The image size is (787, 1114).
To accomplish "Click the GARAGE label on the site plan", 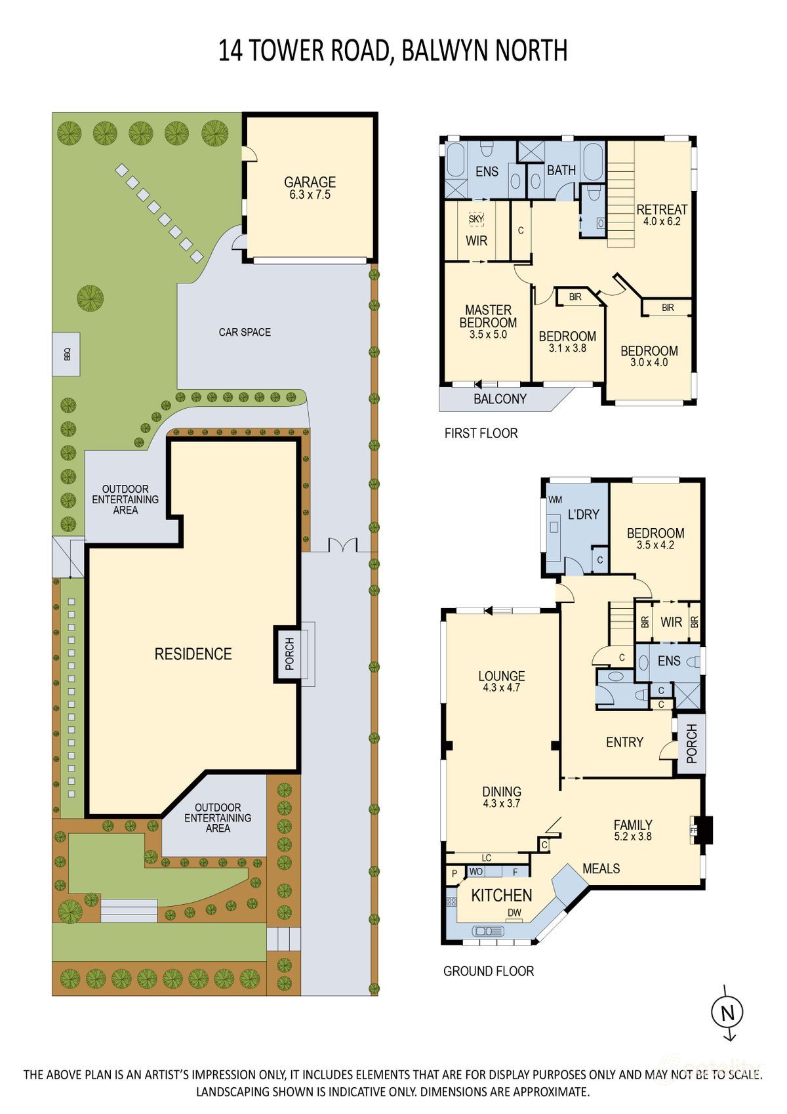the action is [310, 182].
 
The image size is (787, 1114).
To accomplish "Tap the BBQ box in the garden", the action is [66, 354].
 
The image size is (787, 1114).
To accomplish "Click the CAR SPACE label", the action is [245, 332].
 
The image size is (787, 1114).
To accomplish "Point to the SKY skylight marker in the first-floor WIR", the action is [475, 218].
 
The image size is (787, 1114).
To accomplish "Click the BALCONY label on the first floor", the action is [500, 399].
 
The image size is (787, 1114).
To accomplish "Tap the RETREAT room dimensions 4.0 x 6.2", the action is [662, 221].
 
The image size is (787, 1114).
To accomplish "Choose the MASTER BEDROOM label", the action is [488, 316].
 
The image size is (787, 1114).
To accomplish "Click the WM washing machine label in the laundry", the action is [554, 499].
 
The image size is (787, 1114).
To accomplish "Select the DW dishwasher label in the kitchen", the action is [515, 913].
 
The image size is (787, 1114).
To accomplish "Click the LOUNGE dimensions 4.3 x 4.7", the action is [502, 688].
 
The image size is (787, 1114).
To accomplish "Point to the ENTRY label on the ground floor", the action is [624, 743].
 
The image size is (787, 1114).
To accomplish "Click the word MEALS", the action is [601, 869].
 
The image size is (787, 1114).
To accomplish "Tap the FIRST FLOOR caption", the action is [481, 433].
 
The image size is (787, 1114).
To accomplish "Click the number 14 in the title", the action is [231, 51].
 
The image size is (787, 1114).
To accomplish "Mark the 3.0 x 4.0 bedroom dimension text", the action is [649, 363].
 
